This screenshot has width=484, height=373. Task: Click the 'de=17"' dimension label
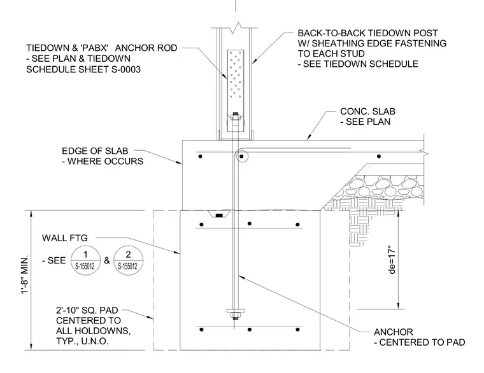pos(392,260)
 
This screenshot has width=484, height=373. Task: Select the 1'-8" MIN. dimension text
pos(25,274)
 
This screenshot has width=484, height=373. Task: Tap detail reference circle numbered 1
pos(85,261)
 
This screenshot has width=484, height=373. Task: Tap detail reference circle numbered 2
pos(129,261)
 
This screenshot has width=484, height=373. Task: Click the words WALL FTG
pos(65,238)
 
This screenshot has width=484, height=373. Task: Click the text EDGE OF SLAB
pos(95,151)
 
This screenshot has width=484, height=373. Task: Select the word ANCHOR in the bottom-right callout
pos(394,332)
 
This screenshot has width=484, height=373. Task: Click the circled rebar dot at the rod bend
pos(242,157)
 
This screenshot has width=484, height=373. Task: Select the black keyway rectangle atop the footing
pos(219,215)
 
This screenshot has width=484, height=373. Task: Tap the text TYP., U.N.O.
pos(82,341)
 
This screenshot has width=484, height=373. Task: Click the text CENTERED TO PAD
pos(422,342)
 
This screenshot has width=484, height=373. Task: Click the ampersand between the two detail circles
pos(107,261)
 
